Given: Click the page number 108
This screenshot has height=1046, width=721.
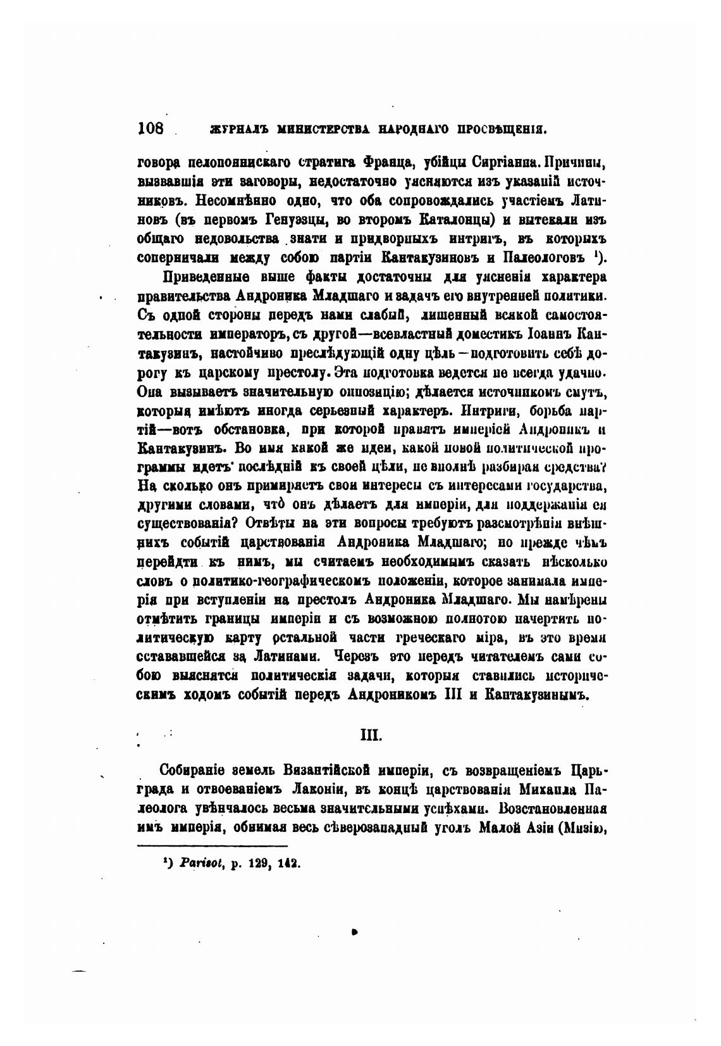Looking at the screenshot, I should pyautogui.click(x=151, y=129).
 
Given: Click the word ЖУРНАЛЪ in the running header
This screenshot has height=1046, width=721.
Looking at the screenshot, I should pyautogui.click(x=233, y=130).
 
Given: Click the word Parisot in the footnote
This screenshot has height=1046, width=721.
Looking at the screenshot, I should pyautogui.click(x=199, y=862).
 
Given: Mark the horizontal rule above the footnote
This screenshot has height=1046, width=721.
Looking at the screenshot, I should pyautogui.click(x=213, y=845).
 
